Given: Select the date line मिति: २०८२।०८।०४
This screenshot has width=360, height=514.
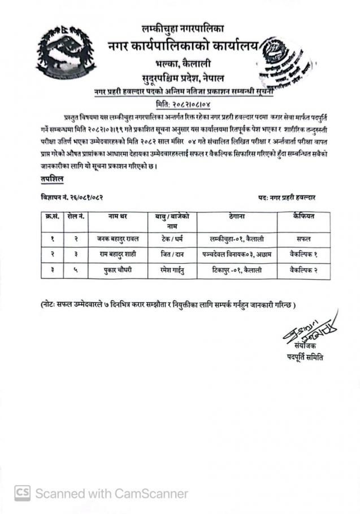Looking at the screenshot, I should click(180, 104).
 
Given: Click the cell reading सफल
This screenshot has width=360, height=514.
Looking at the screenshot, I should click(303, 238).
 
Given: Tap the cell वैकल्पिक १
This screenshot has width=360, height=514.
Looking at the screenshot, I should click(303, 254).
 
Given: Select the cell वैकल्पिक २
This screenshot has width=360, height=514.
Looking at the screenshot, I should click(303, 270).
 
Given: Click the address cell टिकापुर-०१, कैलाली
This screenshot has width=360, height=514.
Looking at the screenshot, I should click(236, 270).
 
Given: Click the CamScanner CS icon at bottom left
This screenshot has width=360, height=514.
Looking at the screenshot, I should click(22, 493).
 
